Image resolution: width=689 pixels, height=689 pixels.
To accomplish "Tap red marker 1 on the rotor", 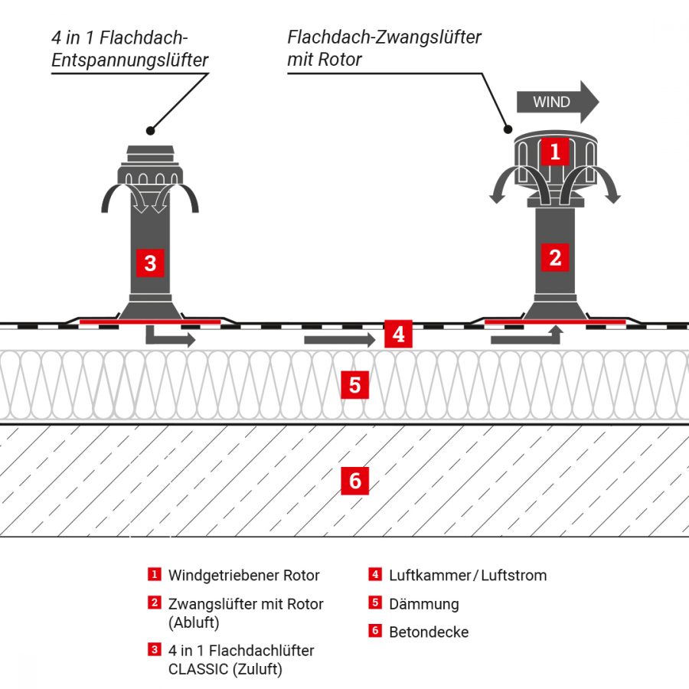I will (x=555, y=152).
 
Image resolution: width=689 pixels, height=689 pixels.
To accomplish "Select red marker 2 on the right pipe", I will (x=555, y=257).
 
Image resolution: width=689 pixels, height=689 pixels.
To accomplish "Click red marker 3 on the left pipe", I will (x=150, y=263).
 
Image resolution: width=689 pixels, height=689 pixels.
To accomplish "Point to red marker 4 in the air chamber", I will (x=398, y=335).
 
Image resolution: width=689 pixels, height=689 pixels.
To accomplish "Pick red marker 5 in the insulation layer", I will (x=354, y=384).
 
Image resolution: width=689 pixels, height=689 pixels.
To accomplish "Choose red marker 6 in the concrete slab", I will (x=354, y=481).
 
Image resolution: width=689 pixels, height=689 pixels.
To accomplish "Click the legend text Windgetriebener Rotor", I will (x=243, y=575).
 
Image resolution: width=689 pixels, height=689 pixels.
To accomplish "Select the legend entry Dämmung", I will (x=423, y=604).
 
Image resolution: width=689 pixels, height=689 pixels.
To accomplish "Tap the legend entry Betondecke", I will (x=428, y=632).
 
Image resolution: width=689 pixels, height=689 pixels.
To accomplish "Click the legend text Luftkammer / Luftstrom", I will (x=468, y=575).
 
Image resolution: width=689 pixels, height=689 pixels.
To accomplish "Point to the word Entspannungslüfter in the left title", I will (x=130, y=60).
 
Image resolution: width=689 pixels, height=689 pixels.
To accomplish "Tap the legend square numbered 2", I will (x=155, y=602).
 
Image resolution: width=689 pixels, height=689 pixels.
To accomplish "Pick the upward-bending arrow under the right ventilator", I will (x=528, y=335).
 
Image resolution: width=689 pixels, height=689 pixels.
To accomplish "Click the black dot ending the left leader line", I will (x=151, y=130).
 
